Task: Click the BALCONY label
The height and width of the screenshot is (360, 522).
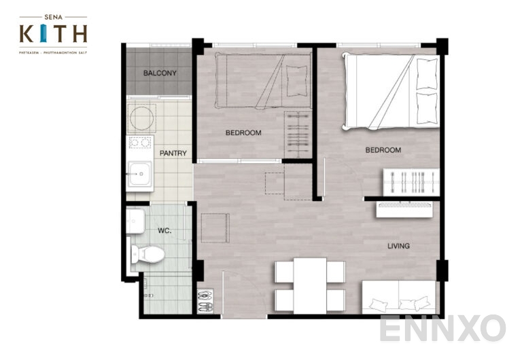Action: (x=160, y=73)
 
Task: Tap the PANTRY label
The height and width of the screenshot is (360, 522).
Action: (x=173, y=154)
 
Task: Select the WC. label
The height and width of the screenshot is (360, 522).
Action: (x=164, y=230)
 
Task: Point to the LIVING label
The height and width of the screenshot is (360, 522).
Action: (x=398, y=246)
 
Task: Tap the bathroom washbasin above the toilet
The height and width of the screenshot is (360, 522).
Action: (x=135, y=219)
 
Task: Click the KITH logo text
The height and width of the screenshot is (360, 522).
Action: (x=53, y=33)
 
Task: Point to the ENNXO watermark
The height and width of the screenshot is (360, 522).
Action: (x=442, y=329)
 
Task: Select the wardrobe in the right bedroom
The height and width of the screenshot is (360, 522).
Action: (x=411, y=182)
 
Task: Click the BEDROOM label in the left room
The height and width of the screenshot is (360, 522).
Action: (x=243, y=133)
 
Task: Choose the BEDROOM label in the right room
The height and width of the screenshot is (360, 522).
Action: (x=383, y=150)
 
